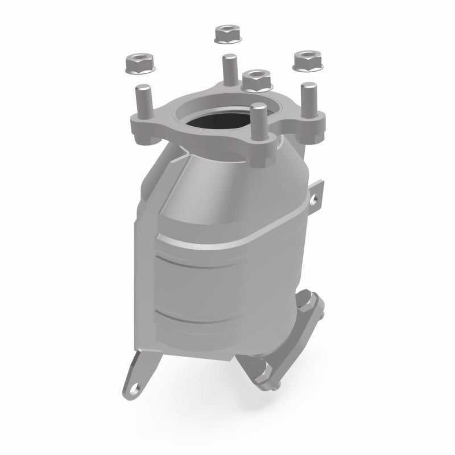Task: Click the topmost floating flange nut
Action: tap(227, 35)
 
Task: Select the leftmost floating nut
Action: tap(136, 63)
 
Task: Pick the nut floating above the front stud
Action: tap(255, 81)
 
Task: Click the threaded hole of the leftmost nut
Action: tap(136, 59)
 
